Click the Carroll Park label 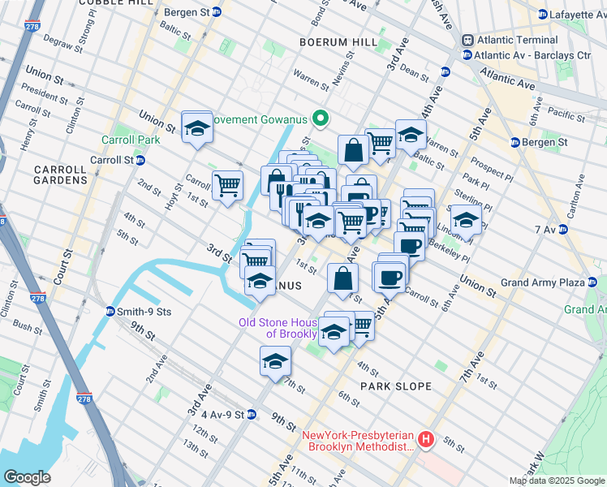pos(130,140)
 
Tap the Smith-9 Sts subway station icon pos(110,311)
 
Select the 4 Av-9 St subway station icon pos(251,414)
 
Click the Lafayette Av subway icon pos(543,13)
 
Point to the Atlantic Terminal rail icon pos(467,40)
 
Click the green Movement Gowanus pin pos(320,119)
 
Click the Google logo pos(28,477)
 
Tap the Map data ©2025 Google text pos(557,481)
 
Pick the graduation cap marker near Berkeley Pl pos(465,220)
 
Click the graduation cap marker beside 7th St pos(275,360)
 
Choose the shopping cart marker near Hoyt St pos(227,184)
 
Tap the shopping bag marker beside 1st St pos(343,278)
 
